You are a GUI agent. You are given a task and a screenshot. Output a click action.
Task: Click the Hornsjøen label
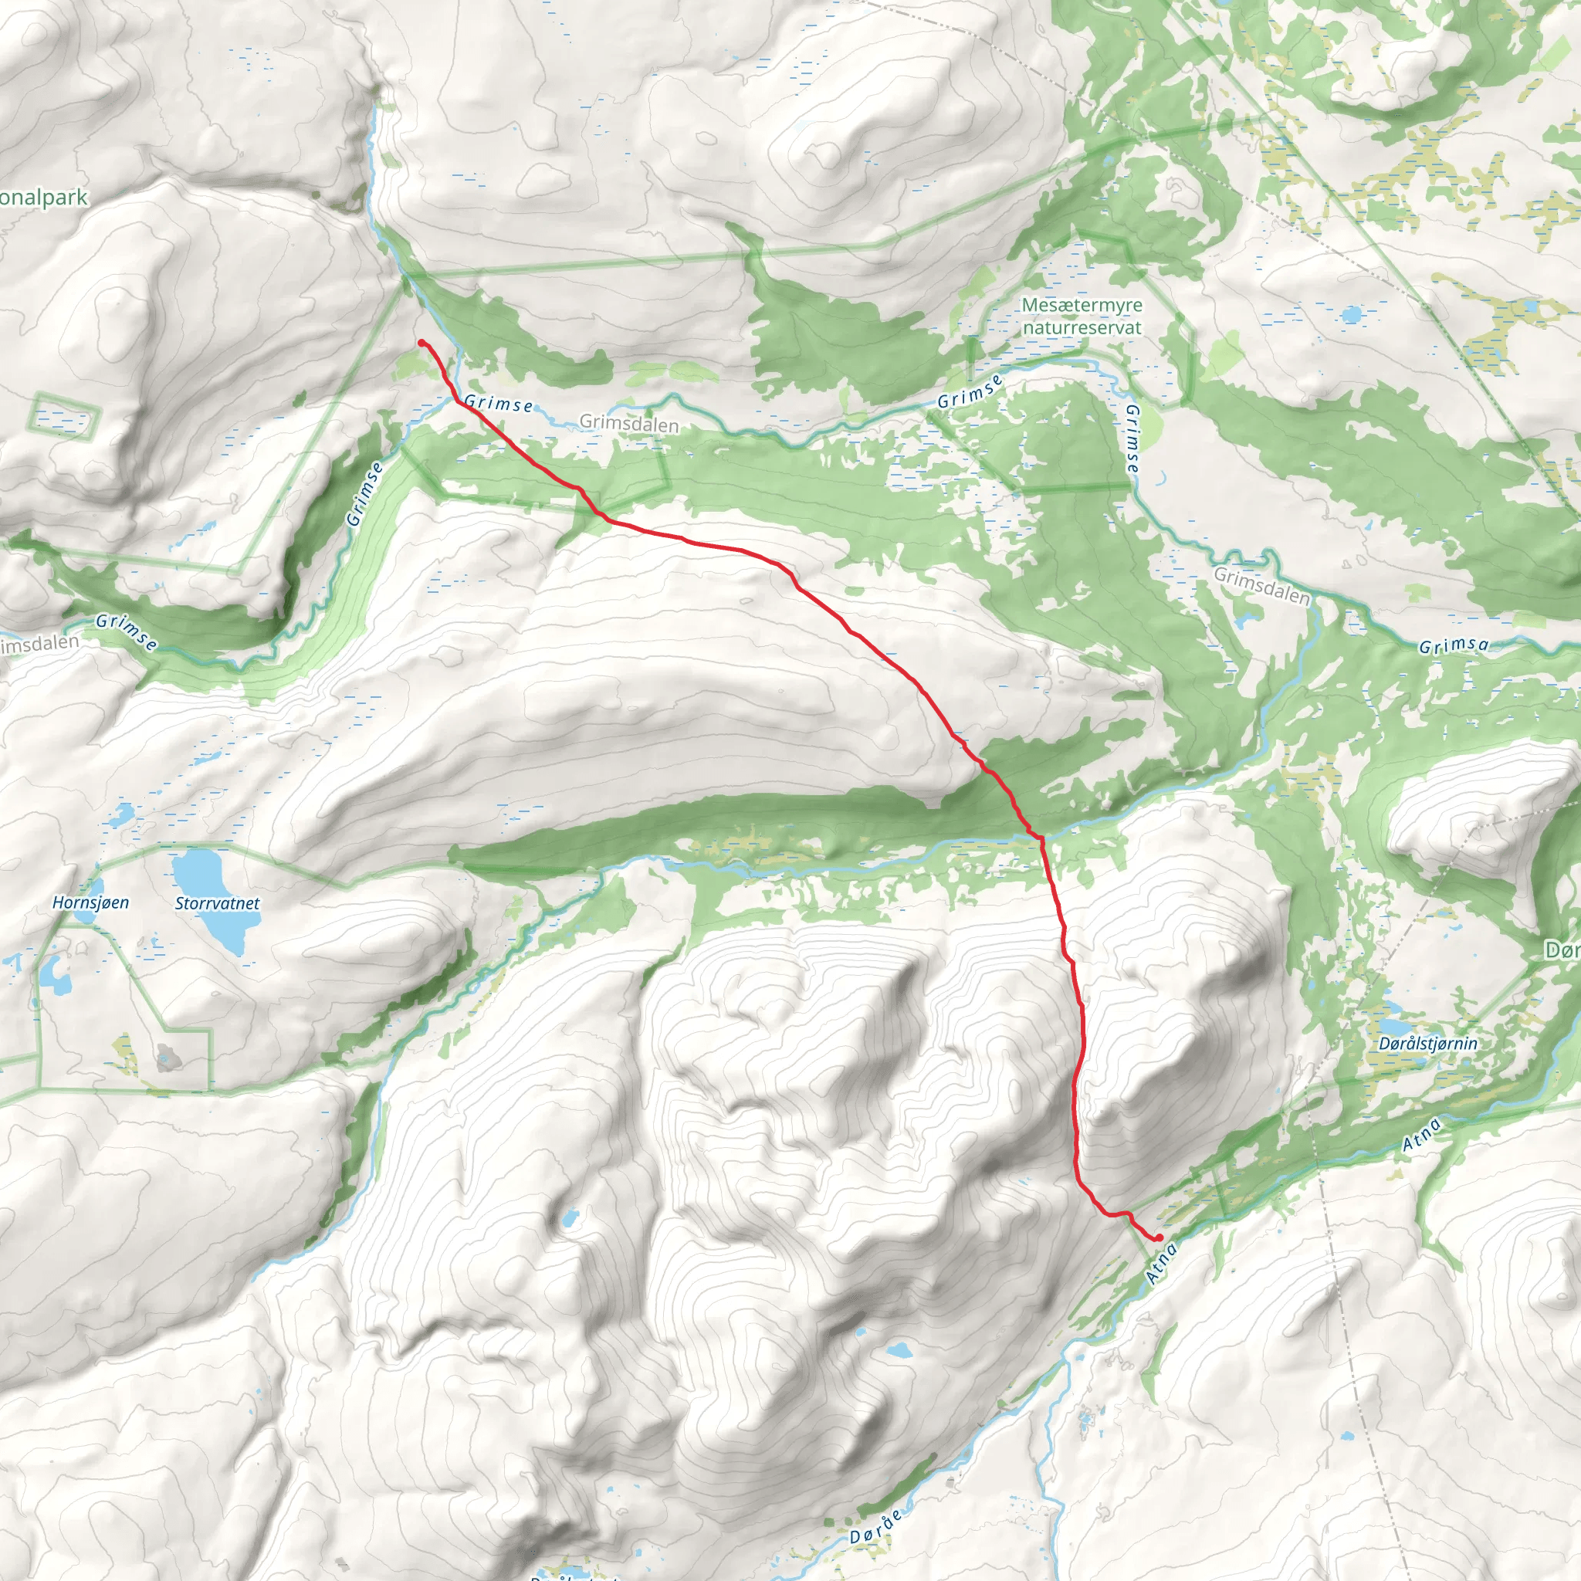tap(90, 902)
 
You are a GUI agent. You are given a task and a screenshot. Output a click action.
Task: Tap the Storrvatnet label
tap(217, 903)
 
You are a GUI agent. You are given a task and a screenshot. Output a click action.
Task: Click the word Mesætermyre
tap(1082, 305)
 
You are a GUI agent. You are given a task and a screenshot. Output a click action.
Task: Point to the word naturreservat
tap(1082, 327)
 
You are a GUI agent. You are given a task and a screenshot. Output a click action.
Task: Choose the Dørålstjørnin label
tap(1428, 1044)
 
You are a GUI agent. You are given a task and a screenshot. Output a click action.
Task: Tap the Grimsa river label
tap(1454, 645)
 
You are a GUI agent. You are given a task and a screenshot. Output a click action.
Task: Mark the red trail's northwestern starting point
tap(421, 342)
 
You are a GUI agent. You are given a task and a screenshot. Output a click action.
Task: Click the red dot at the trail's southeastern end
tap(1159, 1237)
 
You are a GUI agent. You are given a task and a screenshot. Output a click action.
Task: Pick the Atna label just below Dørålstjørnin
tap(1421, 1136)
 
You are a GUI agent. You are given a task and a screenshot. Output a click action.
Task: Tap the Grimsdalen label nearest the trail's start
tap(628, 424)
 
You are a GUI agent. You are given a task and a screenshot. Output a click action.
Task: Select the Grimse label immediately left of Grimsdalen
tap(499, 404)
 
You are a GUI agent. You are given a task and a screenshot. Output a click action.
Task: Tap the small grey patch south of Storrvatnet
tap(168, 1057)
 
